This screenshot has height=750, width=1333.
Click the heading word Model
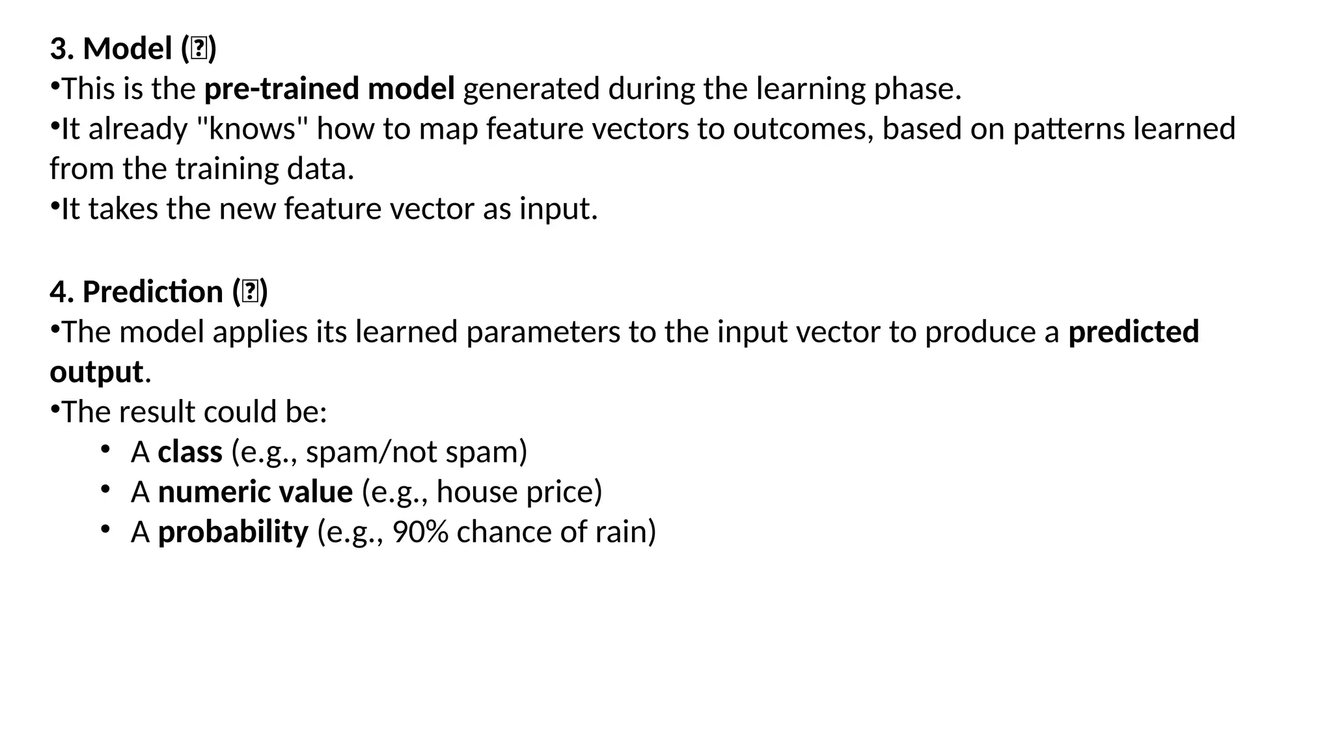click(x=128, y=49)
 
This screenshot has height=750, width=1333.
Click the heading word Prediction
click(x=152, y=292)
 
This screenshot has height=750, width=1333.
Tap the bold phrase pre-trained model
click(x=329, y=89)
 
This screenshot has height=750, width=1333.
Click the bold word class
click(x=190, y=452)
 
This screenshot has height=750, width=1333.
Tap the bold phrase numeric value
click(x=255, y=492)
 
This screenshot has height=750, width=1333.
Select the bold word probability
click(x=233, y=532)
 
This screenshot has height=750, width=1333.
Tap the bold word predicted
click(x=1133, y=332)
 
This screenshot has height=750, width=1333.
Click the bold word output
click(x=96, y=372)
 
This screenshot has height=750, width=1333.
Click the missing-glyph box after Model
click(x=199, y=49)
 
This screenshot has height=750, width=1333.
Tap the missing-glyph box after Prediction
click(x=250, y=292)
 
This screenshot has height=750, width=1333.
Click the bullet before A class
click(x=105, y=449)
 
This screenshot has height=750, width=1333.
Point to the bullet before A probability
click(x=105, y=529)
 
